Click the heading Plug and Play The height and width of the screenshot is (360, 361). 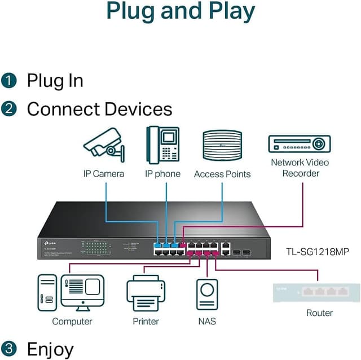pyautogui.click(x=180, y=11)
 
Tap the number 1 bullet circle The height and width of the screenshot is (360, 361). pyautogui.click(x=9, y=80)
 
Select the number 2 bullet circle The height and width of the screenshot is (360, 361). pyautogui.click(x=9, y=108)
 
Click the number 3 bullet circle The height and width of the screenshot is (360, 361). pyautogui.click(x=9, y=349)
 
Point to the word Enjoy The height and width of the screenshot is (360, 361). pyautogui.click(x=50, y=349)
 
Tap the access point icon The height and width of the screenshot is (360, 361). pyautogui.click(x=222, y=146)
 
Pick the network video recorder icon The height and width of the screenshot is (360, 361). pyautogui.click(x=299, y=144)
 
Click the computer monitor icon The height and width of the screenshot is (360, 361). pyautogui.click(x=82, y=292)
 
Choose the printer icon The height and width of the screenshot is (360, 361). pyautogui.click(x=146, y=294)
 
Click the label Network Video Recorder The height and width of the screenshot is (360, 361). pyautogui.click(x=300, y=168)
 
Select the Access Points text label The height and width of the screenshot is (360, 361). pyautogui.click(x=222, y=174)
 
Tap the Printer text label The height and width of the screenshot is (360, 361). pyautogui.click(x=146, y=321)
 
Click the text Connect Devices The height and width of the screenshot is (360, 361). pyautogui.click(x=99, y=108)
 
